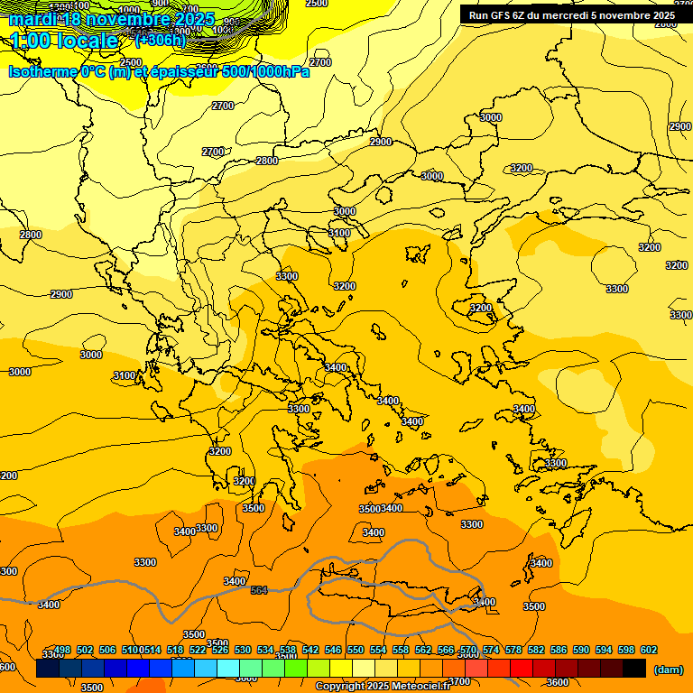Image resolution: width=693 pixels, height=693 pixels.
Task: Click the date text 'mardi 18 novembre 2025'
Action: tap(112, 19)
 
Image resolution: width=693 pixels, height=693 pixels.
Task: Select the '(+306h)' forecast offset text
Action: tap(160, 40)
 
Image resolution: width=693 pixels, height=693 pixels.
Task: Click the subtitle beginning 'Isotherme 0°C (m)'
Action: tap(159, 71)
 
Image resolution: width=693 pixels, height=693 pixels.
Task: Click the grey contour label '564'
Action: tap(259, 590)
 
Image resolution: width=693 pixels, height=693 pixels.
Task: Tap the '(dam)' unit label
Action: tap(668, 670)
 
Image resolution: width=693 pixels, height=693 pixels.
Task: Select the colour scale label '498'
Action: tap(62, 650)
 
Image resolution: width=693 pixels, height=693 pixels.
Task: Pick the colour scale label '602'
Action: tap(649, 650)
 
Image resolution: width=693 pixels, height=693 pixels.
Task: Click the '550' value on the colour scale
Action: tap(356, 650)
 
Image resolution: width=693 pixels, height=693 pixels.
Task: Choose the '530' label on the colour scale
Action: tap(243, 650)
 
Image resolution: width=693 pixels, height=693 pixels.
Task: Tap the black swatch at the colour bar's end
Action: tap(634, 669)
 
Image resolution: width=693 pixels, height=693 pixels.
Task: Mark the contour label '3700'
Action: tap(459, 681)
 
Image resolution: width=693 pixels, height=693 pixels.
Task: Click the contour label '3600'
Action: tap(558, 682)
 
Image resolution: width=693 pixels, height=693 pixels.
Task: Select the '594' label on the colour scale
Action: tap(604, 650)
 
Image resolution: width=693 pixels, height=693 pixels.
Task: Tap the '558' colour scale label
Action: tap(401, 650)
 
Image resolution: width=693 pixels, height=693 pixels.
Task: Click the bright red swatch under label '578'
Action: tap(522, 669)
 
